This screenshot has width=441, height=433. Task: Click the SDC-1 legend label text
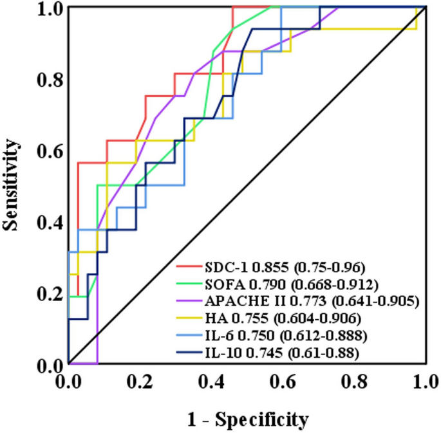click(x=225, y=266)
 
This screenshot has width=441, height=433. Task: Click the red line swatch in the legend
click(x=188, y=266)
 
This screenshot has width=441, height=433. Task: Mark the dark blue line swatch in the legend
click(x=188, y=352)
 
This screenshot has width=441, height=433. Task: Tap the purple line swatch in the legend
click(x=188, y=300)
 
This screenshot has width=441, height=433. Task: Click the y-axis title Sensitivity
click(x=10, y=187)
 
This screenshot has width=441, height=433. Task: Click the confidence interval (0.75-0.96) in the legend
click(x=330, y=266)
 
